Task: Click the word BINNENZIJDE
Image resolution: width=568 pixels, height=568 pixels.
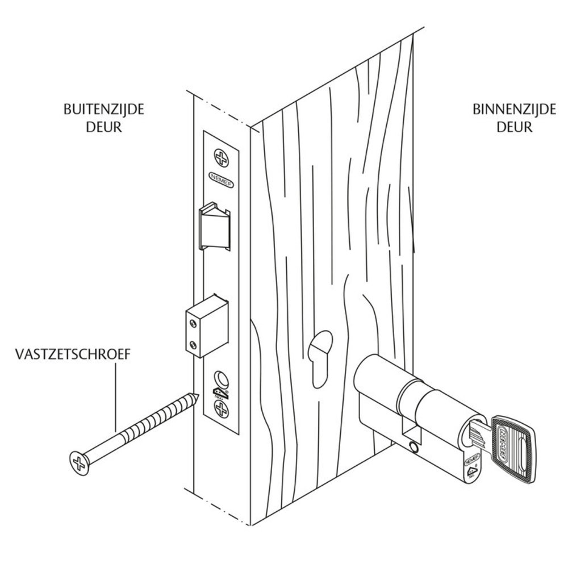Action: click(514, 110)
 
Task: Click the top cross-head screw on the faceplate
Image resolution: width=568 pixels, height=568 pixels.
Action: click(220, 158)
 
